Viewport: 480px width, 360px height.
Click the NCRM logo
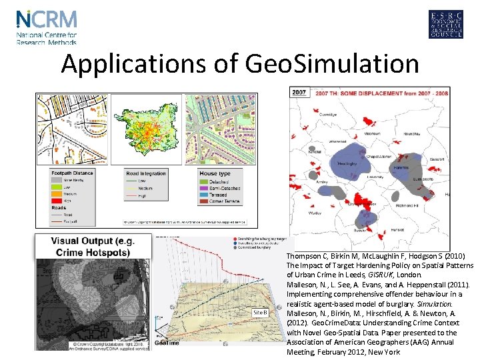coord(47,27)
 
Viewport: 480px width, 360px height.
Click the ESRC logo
coord(445,25)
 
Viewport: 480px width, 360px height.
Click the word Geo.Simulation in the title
coord(332,64)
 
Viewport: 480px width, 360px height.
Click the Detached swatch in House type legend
coord(204,181)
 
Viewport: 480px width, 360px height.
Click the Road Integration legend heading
coord(147,173)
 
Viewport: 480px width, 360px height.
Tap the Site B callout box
coord(260,312)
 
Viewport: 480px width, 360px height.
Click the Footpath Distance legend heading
coord(73,173)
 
